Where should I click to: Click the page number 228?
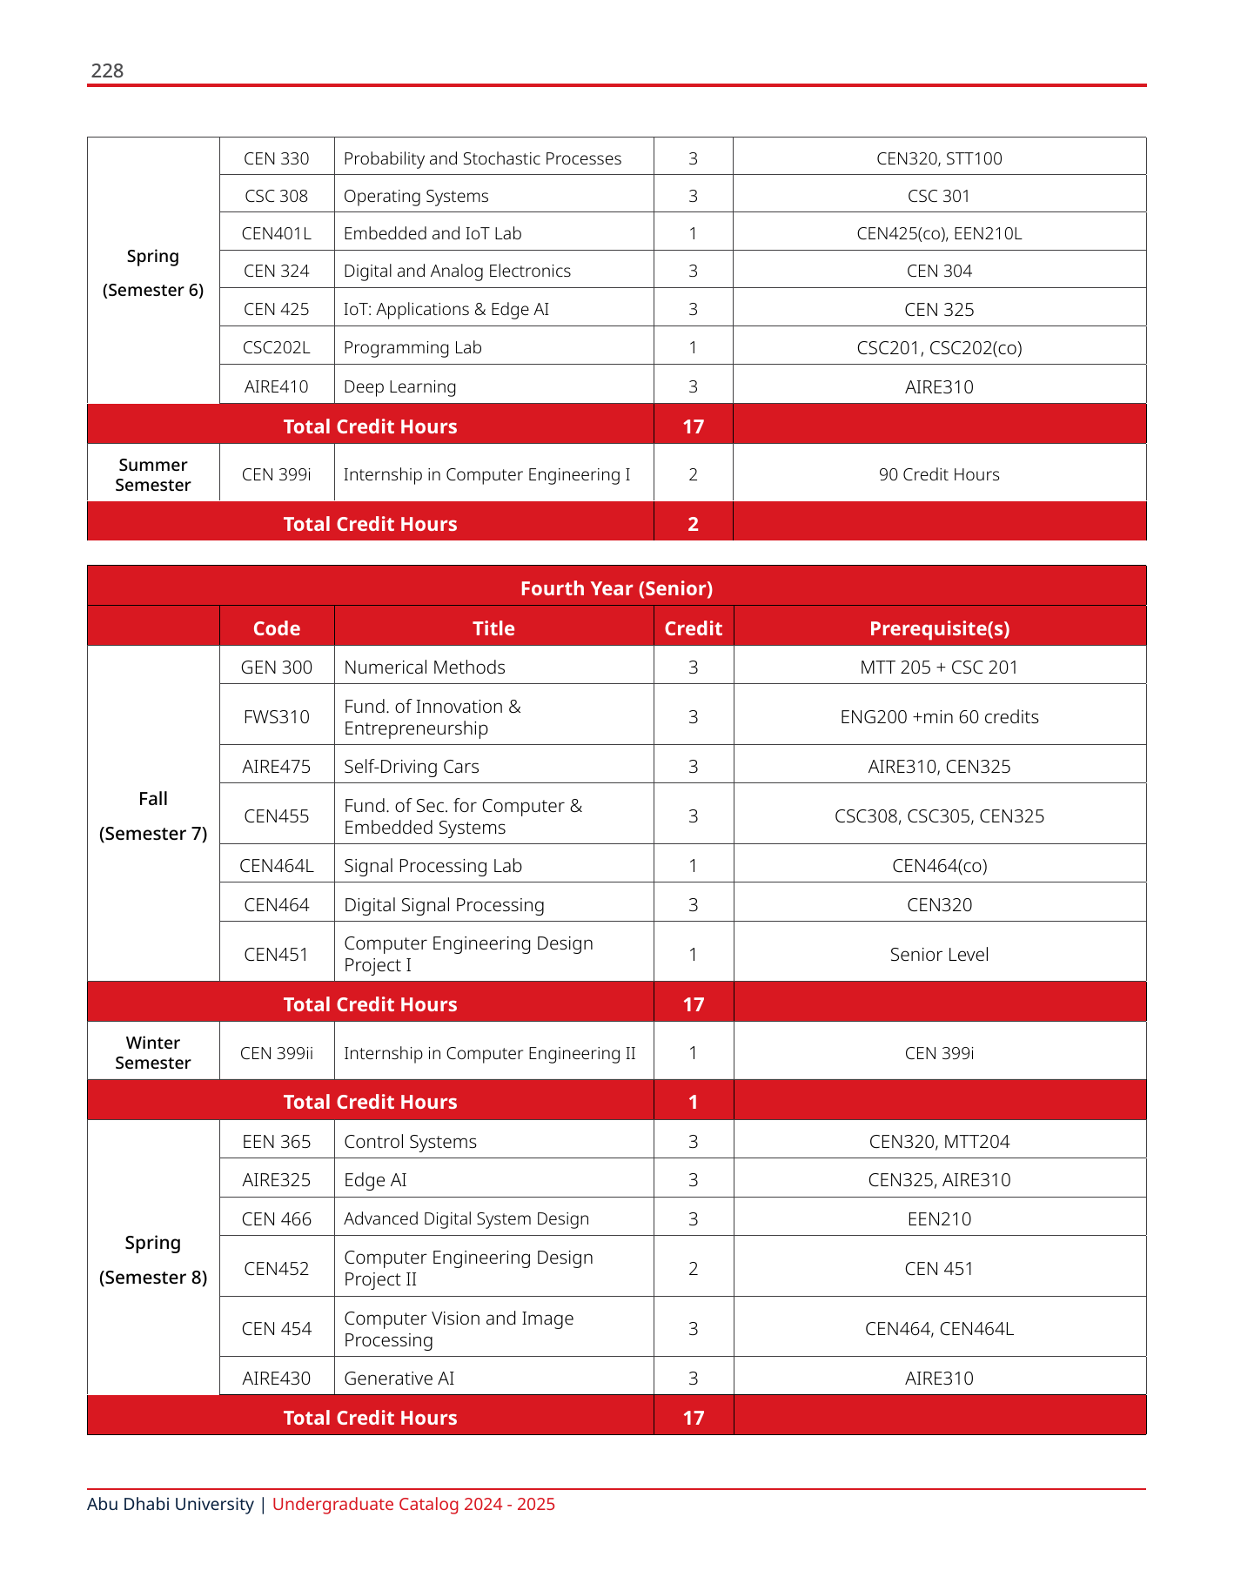107,70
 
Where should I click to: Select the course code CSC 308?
277,196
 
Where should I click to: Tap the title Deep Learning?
399,386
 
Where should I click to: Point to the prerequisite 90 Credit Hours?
939,474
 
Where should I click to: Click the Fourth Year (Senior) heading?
616,588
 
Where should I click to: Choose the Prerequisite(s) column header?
939,628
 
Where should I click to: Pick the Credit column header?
693,628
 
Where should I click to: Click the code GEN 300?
277,668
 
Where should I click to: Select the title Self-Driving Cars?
412,767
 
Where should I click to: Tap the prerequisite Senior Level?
939,955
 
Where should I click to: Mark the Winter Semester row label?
153,1052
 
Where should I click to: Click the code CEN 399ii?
277,1053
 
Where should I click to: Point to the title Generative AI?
399,1379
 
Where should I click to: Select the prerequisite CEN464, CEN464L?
939,1329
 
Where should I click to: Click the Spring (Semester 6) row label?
153,272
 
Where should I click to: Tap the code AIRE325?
277,1180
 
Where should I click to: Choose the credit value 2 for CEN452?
693,1269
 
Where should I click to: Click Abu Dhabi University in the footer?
171,1505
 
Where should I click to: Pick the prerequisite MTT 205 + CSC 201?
939,668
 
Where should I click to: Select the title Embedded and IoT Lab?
433,233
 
